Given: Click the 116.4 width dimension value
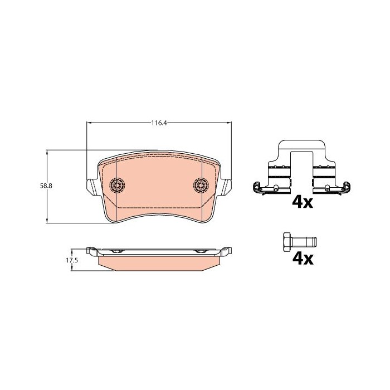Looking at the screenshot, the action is pyautogui.click(x=159, y=123).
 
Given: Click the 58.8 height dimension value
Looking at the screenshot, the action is pyautogui.click(x=46, y=186).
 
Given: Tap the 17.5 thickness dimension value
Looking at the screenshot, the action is pyautogui.click(x=72, y=260).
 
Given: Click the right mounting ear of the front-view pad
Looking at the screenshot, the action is pyautogui.click(x=226, y=187).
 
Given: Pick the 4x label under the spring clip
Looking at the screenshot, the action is pyautogui.click(x=303, y=203).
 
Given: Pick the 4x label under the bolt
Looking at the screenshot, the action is pyautogui.click(x=303, y=259).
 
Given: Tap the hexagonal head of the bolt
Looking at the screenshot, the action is pyautogui.click(x=287, y=242).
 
